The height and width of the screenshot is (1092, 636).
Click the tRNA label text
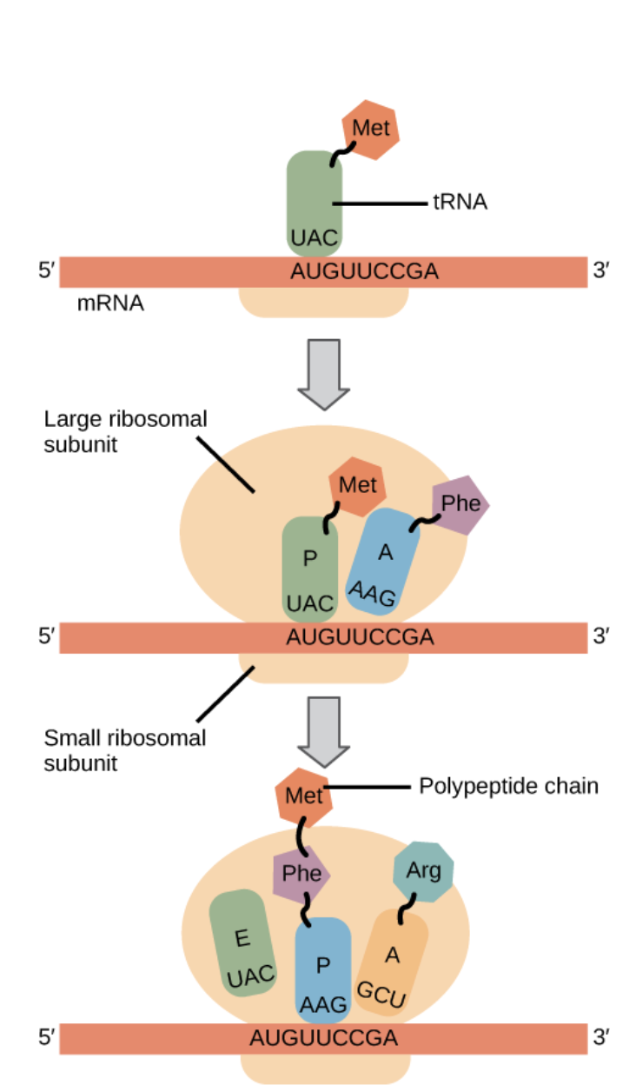[460, 203]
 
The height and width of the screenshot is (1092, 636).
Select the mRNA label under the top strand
[110, 305]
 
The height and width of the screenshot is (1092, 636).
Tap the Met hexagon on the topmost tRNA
[371, 130]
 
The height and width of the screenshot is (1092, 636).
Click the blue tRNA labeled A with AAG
[383, 562]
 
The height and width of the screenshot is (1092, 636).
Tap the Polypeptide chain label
[508, 787]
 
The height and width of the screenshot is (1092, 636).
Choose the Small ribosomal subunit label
[124, 751]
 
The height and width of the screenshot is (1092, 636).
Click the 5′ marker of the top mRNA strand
[46, 272]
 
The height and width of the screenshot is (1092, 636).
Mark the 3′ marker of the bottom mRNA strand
[601, 1037]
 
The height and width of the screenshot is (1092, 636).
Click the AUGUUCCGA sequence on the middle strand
[359, 637]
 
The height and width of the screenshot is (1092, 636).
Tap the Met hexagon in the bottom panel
[304, 796]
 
